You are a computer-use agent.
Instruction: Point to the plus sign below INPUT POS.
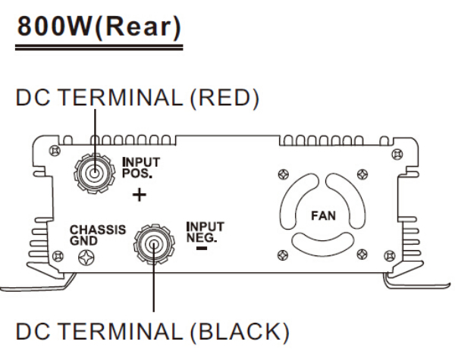coord(138,196)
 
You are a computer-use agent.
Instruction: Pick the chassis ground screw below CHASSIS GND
coord(86,255)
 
